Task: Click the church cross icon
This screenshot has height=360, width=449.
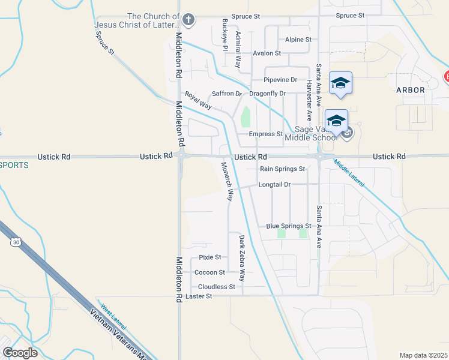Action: [x=188, y=20]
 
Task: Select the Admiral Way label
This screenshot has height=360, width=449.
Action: [x=238, y=45]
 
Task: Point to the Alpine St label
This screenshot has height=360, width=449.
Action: [x=298, y=40]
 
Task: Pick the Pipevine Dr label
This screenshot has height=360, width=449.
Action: [x=280, y=80]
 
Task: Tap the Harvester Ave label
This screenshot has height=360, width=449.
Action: [x=309, y=100]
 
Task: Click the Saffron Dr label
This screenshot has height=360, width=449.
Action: [x=226, y=94]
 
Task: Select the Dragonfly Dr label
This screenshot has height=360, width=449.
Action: [x=267, y=94]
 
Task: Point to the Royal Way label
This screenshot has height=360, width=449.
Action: [x=198, y=100]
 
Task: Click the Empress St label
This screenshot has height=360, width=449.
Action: [x=266, y=134]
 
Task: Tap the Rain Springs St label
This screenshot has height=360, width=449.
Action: [x=283, y=169]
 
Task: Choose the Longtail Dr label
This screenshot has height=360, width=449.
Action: [x=274, y=185]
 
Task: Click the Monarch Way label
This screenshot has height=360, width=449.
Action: [x=226, y=181]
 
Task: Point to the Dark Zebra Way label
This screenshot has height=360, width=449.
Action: [x=242, y=258]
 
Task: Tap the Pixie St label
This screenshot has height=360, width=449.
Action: [x=210, y=257]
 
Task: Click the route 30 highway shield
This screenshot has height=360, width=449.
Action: [x=15, y=242]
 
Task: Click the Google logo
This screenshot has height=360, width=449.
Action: [x=20, y=353]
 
